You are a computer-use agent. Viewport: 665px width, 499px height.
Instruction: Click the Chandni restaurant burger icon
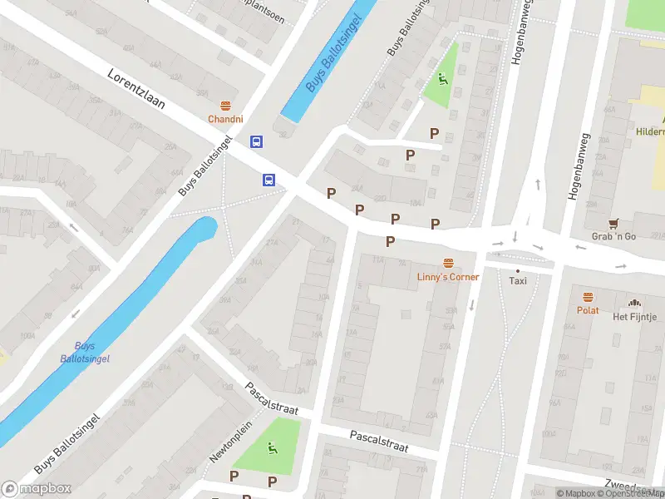coord(225,106)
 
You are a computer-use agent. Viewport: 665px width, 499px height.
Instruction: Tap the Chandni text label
coord(225,119)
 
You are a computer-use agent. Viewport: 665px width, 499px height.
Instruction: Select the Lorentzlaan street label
coord(136,90)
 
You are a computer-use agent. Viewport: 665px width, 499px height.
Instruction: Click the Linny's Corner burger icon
coord(448,263)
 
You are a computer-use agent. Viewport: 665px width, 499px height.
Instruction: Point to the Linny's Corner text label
coord(448,276)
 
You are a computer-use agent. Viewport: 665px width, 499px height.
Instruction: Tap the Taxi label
coord(518,281)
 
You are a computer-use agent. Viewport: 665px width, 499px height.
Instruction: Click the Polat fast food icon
coord(588,297)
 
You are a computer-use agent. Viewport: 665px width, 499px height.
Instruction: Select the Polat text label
coord(588,310)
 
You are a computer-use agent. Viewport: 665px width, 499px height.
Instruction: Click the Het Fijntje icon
coord(635,304)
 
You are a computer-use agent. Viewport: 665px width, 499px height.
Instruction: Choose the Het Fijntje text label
coord(635,317)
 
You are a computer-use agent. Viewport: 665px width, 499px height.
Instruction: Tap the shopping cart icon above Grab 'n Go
coord(613,223)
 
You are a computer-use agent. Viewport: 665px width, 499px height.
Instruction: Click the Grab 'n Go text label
coord(613,236)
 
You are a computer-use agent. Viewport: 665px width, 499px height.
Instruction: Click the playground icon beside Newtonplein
coord(272,449)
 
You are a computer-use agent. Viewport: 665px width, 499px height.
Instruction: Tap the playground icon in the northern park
coord(441,80)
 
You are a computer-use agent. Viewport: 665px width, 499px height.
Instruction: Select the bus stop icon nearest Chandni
coord(257,142)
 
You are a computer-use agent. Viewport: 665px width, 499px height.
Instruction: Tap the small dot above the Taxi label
coord(518,270)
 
